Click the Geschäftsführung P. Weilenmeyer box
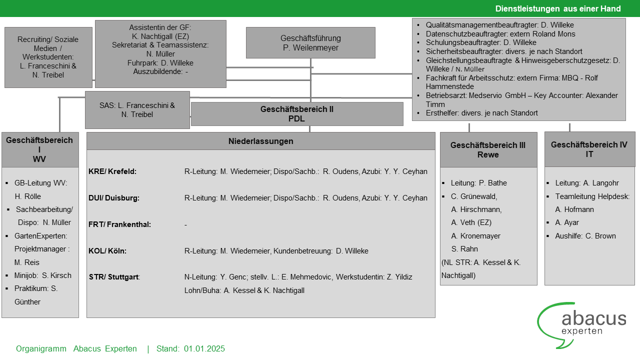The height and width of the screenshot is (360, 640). coord(310,43)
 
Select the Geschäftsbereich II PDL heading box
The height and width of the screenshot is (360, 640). coord(296,114)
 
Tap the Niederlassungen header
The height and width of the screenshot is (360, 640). coord(260,141)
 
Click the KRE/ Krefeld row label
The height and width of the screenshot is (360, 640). coord(112,171)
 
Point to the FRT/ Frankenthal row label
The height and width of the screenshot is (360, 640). coord(119,224)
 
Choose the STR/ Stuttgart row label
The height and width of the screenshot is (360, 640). coord(114,277)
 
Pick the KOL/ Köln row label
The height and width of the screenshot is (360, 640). coord(107,251)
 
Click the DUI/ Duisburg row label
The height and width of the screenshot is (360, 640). coord(114,198)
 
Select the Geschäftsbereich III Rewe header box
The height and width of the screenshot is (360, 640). coord(488,149)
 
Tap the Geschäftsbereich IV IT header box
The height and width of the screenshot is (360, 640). coord(589,149)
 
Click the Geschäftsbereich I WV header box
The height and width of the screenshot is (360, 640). coord(39,149)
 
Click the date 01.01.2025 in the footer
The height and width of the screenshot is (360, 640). coord(204,349)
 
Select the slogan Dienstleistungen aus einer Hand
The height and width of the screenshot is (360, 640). coord(558,8)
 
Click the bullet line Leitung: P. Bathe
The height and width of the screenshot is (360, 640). coord(471,183)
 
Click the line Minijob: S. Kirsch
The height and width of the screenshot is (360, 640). coord(43,275)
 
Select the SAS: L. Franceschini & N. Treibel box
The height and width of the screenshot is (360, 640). coord(137,110)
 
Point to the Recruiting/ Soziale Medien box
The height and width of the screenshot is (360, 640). coord(48,57)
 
